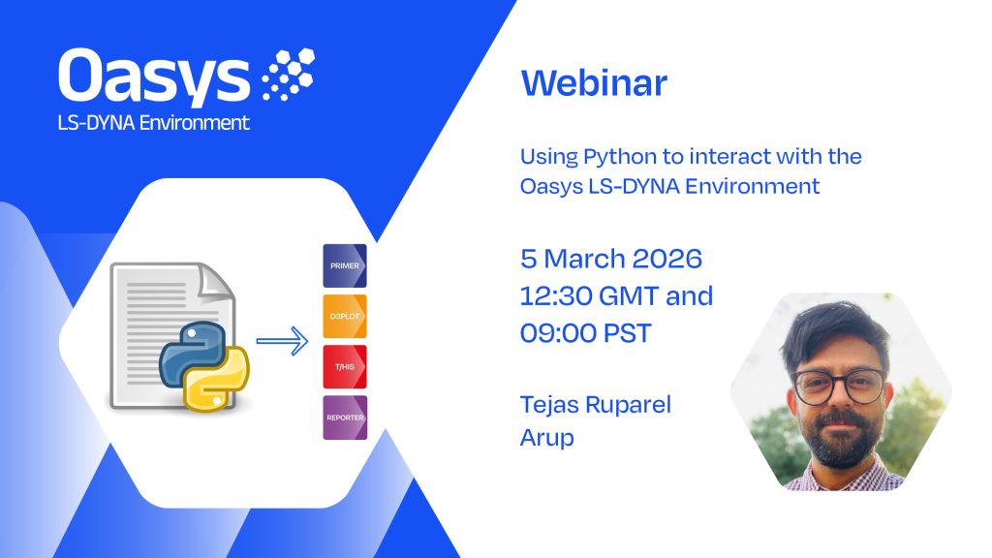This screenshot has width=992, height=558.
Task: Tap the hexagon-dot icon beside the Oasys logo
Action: [289, 74]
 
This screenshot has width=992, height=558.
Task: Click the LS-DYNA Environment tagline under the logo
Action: [154, 122]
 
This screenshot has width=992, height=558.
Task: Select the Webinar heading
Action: [594, 83]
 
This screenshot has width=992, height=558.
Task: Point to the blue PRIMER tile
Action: [345, 265]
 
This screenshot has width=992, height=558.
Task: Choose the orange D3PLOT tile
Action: [345, 317]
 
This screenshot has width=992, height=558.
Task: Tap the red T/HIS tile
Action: [345, 367]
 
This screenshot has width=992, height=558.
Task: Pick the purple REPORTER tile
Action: [345, 418]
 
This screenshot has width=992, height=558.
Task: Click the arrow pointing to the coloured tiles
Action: [282, 341]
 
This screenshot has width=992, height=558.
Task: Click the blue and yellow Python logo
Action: [203, 366]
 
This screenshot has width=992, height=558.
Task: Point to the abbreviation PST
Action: [627, 333]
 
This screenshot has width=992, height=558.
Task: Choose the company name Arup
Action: [546, 438]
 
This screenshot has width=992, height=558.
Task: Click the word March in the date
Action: [584, 259]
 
